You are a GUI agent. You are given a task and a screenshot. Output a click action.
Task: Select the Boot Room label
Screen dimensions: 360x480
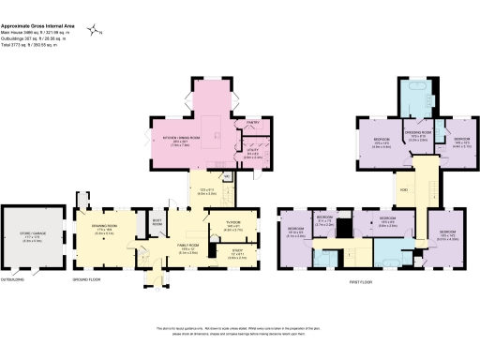(157, 224)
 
